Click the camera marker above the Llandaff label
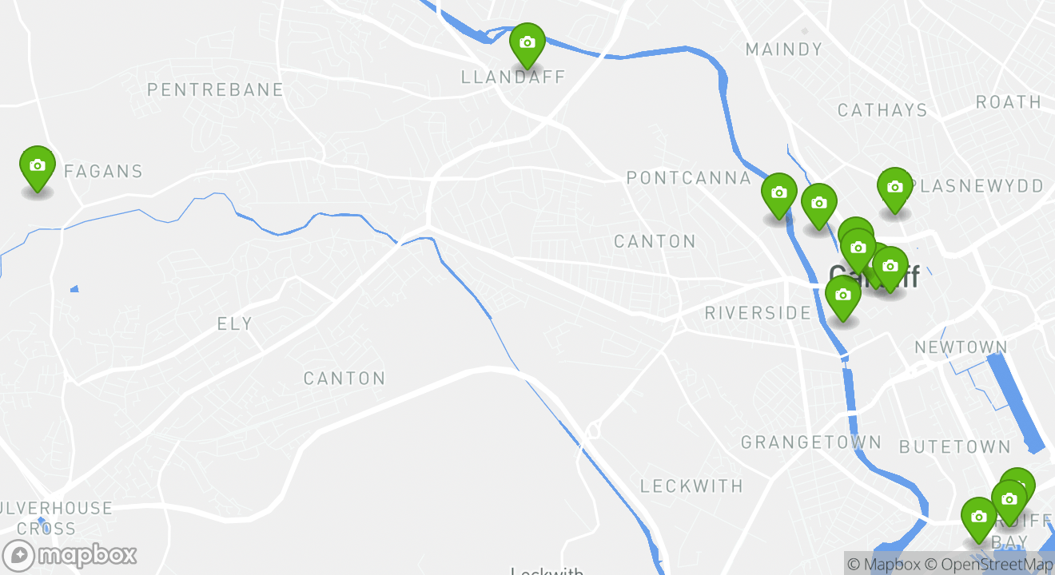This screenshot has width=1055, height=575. pyautogui.click(x=527, y=43)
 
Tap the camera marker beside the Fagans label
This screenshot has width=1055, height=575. pyautogui.click(x=37, y=166)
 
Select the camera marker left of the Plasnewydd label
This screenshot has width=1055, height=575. pyautogui.click(x=894, y=188)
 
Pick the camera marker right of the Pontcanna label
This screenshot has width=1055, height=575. pyautogui.click(x=778, y=193)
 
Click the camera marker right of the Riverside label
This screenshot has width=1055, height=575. pyautogui.click(x=842, y=295)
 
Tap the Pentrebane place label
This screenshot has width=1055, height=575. pyautogui.click(x=215, y=89)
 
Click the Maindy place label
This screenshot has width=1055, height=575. pyautogui.click(x=783, y=50)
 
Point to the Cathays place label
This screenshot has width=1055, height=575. pyautogui.click(x=882, y=110)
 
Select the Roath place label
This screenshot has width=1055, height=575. pyautogui.click(x=1009, y=102)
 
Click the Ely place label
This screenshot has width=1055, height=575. pyautogui.click(x=235, y=323)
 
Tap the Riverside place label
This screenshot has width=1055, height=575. pyautogui.click(x=758, y=312)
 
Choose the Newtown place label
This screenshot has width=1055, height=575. pyautogui.click(x=961, y=347)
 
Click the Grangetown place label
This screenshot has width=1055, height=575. pyautogui.click(x=811, y=442)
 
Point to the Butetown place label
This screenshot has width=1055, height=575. pyautogui.click(x=955, y=446)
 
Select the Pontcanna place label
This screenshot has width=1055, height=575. pyautogui.click(x=689, y=177)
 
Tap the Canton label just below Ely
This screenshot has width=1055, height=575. pyautogui.click(x=344, y=378)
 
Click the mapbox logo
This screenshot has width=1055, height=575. pyautogui.click(x=70, y=555)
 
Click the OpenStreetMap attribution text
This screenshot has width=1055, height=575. pyautogui.click(x=989, y=565)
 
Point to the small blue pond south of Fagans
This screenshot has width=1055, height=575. pyautogui.click(x=74, y=288)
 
